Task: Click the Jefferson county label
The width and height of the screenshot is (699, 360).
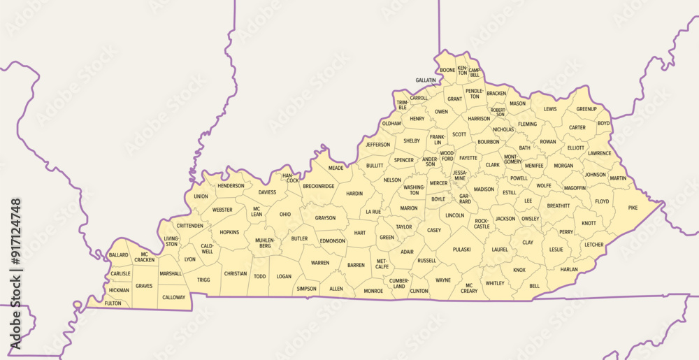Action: [x=377, y=145]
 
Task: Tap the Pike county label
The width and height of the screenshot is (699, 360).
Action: [x=633, y=208]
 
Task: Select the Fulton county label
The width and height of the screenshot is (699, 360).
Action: [x=113, y=303]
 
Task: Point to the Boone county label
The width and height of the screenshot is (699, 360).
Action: [x=447, y=70]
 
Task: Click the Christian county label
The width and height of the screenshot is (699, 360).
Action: [x=236, y=273]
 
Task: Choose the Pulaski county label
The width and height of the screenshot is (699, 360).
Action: [x=461, y=249]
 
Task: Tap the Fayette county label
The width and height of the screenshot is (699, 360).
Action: [x=468, y=158]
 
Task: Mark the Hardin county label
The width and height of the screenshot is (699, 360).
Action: [x=354, y=194]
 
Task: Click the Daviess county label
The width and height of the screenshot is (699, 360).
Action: [x=267, y=192]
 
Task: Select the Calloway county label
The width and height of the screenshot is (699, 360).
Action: [x=174, y=297]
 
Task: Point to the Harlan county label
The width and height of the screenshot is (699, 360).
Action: [x=568, y=269]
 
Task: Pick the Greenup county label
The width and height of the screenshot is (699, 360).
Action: [x=586, y=109]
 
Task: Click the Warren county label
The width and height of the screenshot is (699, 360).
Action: [x=320, y=263]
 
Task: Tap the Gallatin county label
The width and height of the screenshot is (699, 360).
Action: [x=426, y=80]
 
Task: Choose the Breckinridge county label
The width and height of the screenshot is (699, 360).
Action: [x=318, y=186]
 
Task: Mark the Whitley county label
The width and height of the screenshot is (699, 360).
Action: [x=495, y=283]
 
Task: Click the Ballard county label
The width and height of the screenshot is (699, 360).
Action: [x=119, y=256]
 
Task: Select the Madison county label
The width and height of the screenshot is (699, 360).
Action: [x=484, y=189]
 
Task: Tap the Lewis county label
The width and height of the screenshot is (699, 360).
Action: [x=550, y=109]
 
